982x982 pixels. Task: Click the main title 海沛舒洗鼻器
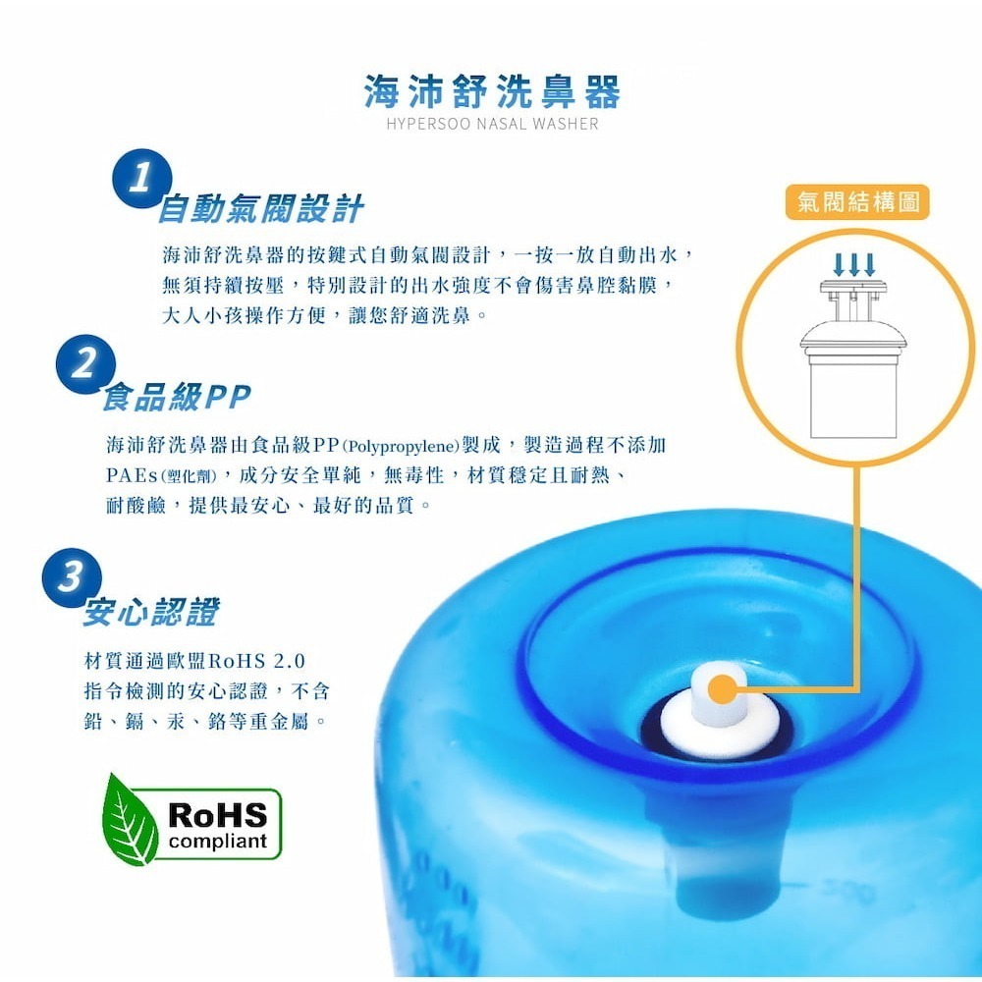tap(492, 92)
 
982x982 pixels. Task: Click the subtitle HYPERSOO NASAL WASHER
tap(492, 125)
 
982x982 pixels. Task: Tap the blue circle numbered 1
tap(142, 180)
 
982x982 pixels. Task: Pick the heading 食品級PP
tap(177, 397)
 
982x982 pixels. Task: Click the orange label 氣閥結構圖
tap(857, 203)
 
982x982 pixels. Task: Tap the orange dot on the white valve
tap(721, 690)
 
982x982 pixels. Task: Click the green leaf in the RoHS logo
tap(129, 819)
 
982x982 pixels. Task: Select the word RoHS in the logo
tap(217, 814)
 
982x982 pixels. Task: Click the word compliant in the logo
tap(218, 842)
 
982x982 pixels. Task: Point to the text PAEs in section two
tap(130, 476)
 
